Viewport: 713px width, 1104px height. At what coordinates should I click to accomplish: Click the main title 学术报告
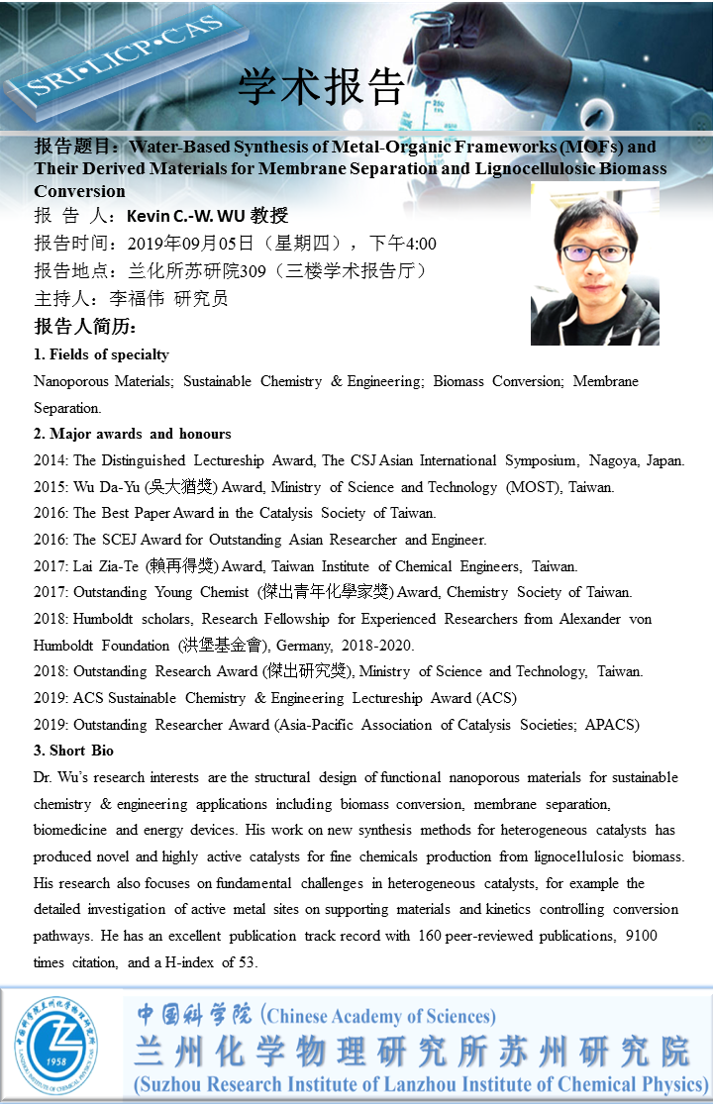pos(322,87)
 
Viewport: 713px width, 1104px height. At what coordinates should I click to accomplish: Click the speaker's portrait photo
pos(594,263)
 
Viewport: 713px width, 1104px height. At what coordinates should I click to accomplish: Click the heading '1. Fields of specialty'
pos(101,354)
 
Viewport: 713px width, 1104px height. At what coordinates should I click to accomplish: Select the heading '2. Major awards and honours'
pos(133,434)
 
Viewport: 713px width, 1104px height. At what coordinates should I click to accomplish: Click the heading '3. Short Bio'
pos(73,751)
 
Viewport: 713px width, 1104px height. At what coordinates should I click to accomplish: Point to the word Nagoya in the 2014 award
pos(619,460)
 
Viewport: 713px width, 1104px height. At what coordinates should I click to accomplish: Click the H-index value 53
pos(260,962)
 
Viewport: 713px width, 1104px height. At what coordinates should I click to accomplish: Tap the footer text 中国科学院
pos(194,1014)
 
